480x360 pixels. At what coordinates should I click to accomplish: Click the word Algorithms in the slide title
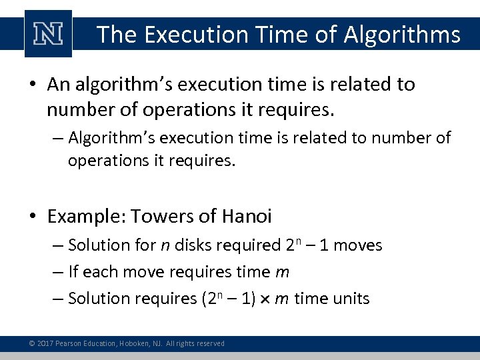402,34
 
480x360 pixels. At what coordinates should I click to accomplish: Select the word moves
357,245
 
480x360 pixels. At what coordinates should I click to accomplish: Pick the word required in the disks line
249,245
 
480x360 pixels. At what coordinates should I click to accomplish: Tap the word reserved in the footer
209,343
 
